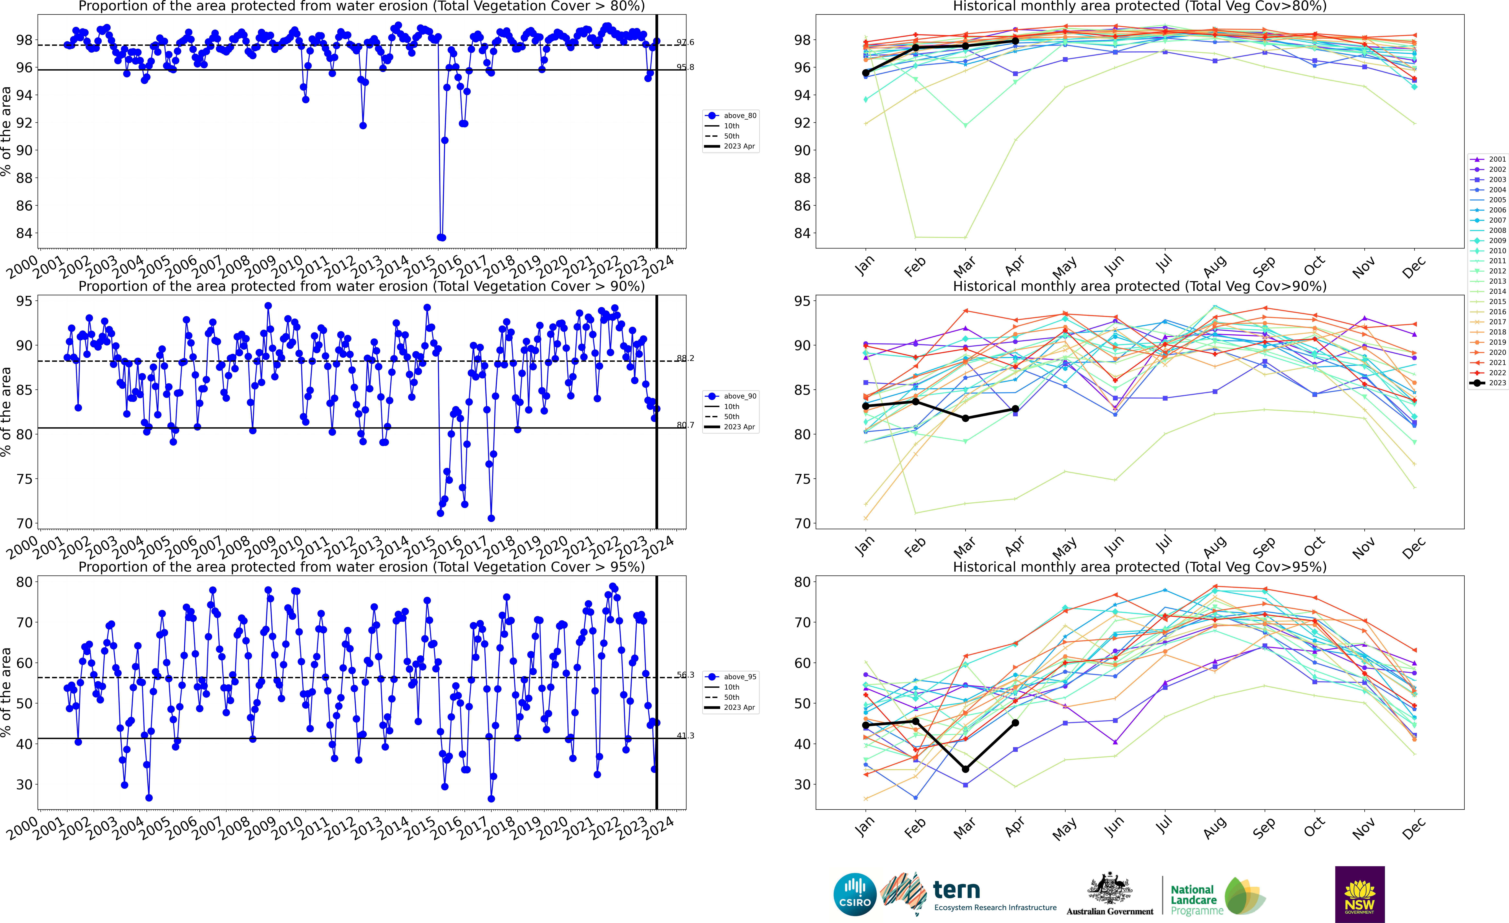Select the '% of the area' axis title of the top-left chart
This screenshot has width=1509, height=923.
[x=6, y=132]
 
